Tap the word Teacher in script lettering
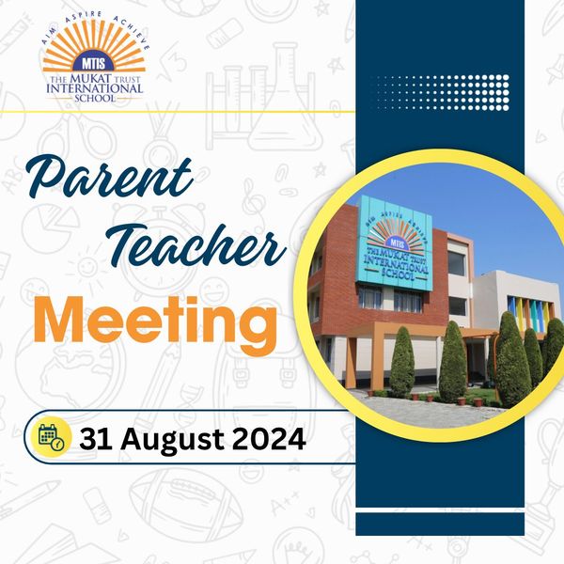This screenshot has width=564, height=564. (197, 244)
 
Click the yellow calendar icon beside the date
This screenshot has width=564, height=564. (51, 437)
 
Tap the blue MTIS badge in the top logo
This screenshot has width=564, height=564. (93, 63)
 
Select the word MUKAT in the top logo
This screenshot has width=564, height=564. (89, 79)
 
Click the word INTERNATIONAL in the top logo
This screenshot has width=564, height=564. (95, 88)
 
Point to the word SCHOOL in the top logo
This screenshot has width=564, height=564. (95, 98)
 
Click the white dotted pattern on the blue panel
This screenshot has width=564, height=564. (442, 92)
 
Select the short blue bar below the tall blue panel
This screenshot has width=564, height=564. (440, 525)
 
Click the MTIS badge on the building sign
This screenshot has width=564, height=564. (396, 244)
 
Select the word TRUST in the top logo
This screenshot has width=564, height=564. (127, 79)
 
